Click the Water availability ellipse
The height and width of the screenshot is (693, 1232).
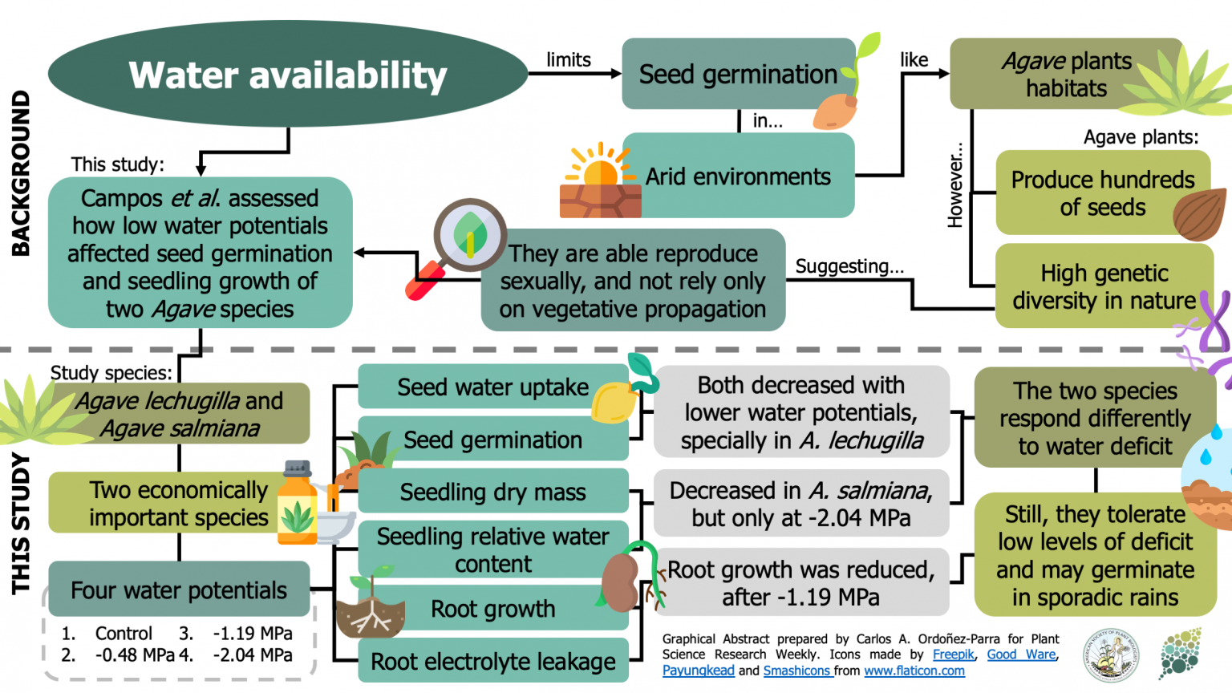click(287, 74)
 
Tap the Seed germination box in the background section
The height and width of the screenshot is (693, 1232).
click(736, 74)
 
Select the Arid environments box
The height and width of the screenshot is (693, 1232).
click(738, 176)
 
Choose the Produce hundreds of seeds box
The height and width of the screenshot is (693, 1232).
click(1102, 193)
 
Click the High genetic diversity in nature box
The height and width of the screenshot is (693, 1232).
click(1103, 286)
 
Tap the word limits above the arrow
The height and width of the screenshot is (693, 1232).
click(568, 60)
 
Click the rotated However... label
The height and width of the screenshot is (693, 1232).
click(954, 185)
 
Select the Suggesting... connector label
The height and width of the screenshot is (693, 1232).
click(849, 266)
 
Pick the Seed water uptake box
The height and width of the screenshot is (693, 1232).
click(492, 387)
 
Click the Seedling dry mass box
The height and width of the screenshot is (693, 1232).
click(492, 492)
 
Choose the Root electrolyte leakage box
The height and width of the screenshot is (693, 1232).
click(492, 661)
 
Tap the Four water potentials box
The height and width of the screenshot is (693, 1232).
click(179, 590)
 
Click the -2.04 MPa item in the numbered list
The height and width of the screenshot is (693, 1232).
click(253, 655)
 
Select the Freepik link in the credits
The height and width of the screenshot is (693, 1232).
click(953, 654)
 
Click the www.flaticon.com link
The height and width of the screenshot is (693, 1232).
click(914, 671)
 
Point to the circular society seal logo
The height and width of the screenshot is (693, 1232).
click(1111, 654)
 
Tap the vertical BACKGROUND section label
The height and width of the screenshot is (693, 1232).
click(21, 173)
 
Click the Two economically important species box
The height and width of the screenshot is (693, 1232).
click(178, 504)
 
